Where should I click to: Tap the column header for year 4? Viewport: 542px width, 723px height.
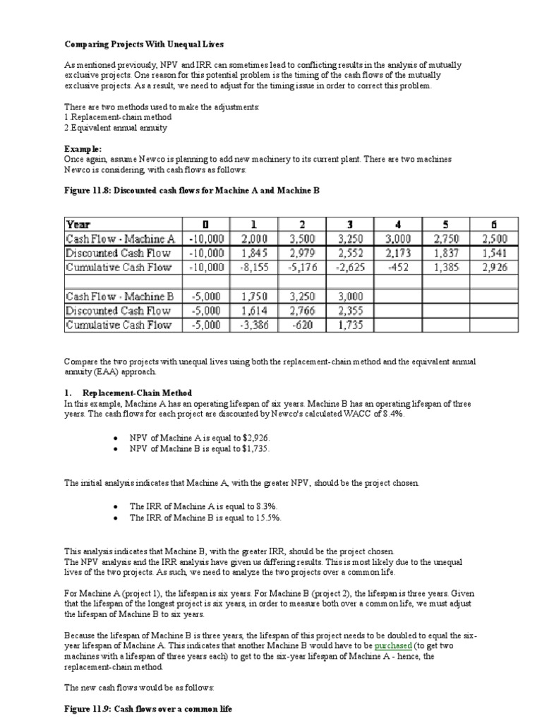[x=398, y=225]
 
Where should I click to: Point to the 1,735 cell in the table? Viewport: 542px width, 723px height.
[x=351, y=325]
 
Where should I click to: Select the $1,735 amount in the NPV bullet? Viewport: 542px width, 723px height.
[x=255, y=448]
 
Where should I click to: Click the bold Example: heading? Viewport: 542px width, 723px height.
[x=83, y=150]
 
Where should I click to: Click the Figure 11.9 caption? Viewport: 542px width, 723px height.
[x=147, y=707]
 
